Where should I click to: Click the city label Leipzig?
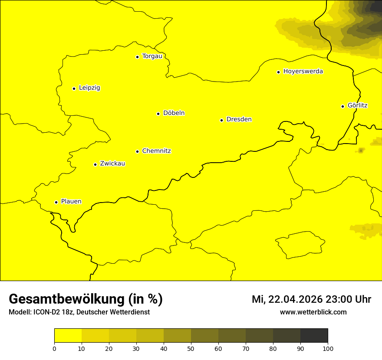(89, 88)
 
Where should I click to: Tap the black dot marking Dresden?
(221, 120)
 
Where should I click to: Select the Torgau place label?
(152, 56)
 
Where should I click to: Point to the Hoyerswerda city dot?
(278, 72)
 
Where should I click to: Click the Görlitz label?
(358, 105)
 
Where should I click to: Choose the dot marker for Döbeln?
(158, 114)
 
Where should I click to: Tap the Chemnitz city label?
(156, 151)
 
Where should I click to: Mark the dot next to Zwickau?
(95, 164)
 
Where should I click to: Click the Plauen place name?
(71, 202)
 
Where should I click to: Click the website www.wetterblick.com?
(313, 312)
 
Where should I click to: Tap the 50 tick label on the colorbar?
(191, 348)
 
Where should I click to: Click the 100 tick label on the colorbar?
(328, 348)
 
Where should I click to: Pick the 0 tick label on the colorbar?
(54, 348)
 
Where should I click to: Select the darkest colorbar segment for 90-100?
(314, 335)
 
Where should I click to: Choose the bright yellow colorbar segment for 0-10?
(68, 335)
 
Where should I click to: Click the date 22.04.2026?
(295, 299)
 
